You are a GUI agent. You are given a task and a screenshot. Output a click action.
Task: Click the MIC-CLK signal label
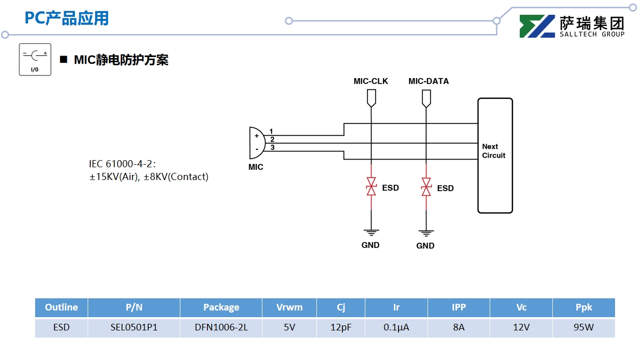coord(370,81)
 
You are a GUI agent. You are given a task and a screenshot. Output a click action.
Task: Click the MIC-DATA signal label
coord(429,81)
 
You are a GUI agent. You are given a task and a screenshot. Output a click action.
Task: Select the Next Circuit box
coord(495,155)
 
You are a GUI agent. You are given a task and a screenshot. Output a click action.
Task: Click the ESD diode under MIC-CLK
coord(371,187)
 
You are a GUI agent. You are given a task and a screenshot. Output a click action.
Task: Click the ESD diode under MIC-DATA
coord(426,187)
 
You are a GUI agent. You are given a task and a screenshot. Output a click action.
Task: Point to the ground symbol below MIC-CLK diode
coord(371,232)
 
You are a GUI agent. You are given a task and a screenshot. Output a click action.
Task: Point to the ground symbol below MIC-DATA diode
coord(425,233)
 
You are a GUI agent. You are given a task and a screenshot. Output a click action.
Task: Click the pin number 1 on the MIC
coord(271,132)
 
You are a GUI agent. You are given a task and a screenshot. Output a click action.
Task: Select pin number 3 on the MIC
coord(273,147)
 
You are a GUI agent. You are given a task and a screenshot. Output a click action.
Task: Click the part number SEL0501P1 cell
coord(134,327)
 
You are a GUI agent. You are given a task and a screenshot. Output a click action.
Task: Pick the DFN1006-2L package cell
coord(221,327)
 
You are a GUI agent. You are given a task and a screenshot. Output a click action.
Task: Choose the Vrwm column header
coord(289,307)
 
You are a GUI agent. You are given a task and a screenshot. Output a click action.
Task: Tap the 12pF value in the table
coord(341,327)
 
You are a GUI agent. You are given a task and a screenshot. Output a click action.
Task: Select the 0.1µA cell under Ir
coord(396,327)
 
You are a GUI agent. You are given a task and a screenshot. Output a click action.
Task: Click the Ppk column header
coord(583,307)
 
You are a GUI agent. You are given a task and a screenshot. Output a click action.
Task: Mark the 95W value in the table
coord(583,327)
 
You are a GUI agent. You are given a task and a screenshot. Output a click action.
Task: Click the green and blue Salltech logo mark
coord(537,27)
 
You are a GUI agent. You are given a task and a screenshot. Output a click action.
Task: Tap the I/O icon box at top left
coord(35,60)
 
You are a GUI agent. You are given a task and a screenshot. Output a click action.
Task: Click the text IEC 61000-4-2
coord(121,164)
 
